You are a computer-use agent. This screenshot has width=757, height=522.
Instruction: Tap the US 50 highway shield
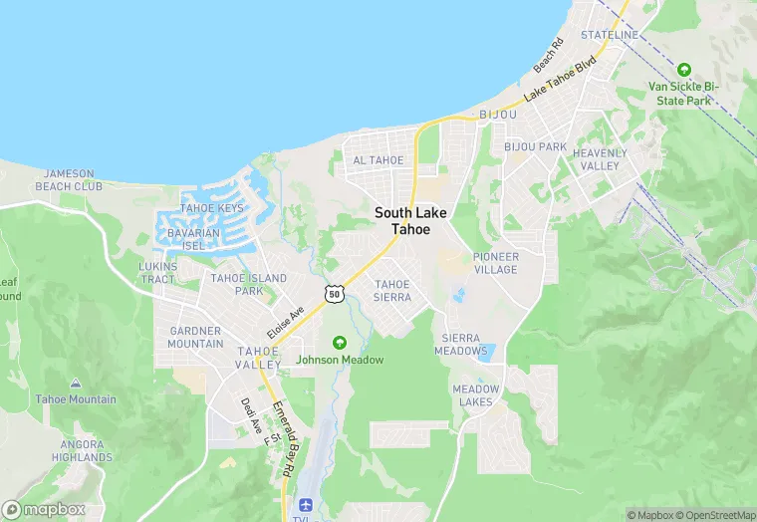334,293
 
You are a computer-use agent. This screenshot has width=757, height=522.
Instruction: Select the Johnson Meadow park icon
339,343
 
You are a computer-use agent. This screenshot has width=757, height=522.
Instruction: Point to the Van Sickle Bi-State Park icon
683,70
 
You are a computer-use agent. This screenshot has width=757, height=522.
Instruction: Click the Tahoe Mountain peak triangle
76,384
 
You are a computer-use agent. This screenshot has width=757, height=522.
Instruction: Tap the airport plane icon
304,504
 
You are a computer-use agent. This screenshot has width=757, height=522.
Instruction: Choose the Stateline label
609,35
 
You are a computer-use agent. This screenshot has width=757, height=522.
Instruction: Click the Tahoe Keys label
211,208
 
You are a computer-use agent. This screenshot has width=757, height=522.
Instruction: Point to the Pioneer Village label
495,263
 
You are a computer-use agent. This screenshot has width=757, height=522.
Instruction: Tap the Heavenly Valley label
600,159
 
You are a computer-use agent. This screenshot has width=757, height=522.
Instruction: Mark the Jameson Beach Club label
69,179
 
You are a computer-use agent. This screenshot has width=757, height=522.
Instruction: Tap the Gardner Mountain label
196,337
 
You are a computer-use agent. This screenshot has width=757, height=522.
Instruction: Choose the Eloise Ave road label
284,323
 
